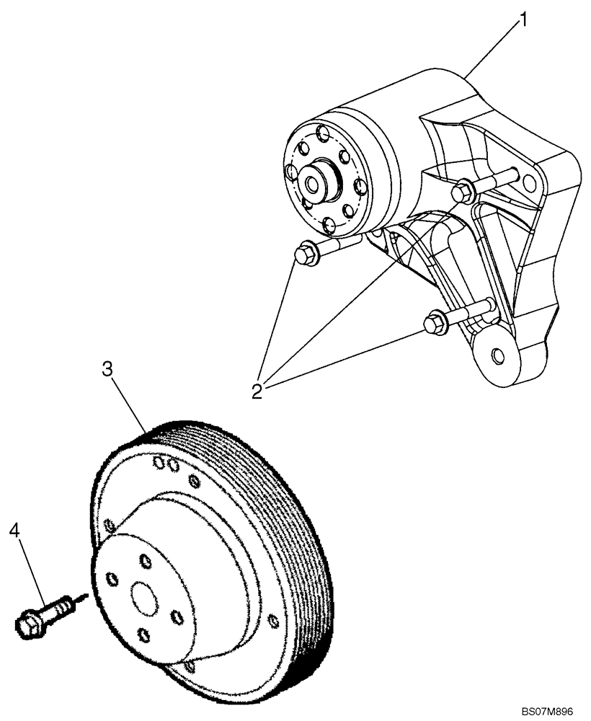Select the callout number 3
[107, 370]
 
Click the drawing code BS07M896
[551, 710]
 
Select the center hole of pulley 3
[144, 598]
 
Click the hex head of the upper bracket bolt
[463, 191]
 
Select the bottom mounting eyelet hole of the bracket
[497, 355]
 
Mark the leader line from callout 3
[128, 404]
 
